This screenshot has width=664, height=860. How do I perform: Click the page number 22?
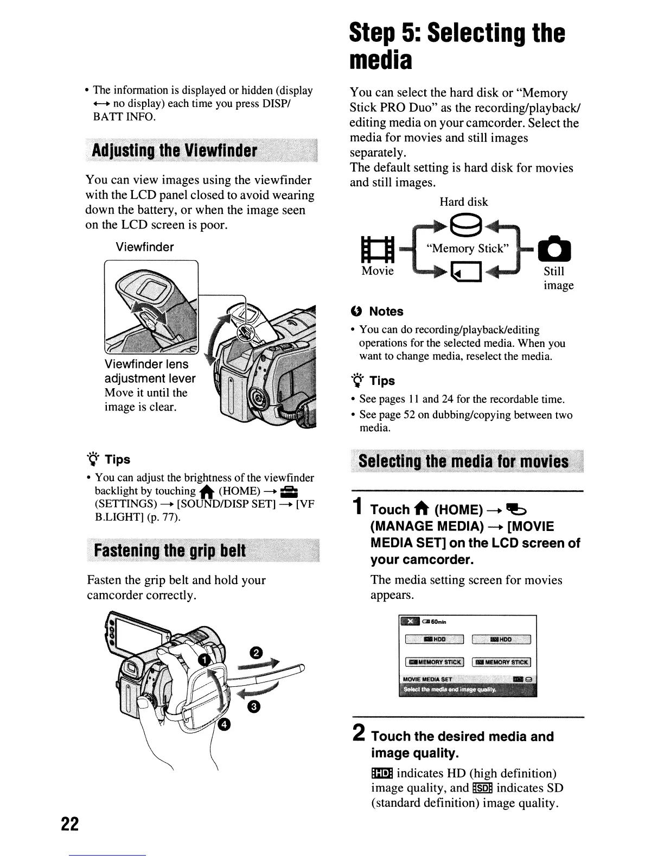coord(70,824)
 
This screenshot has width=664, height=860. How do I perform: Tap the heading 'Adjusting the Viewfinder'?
coord(174,150)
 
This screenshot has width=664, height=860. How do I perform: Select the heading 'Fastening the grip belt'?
coord(170,551)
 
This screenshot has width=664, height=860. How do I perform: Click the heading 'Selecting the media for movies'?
coord(464,461)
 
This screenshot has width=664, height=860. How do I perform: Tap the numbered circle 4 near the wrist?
coord(224,725)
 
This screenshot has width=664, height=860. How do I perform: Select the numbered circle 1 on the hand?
coord(204,660)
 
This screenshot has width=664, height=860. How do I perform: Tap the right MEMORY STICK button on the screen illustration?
coord(501,662)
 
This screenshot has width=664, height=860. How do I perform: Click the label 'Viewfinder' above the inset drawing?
coord(145,247)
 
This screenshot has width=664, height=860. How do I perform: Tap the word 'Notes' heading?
coord(386,312)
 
